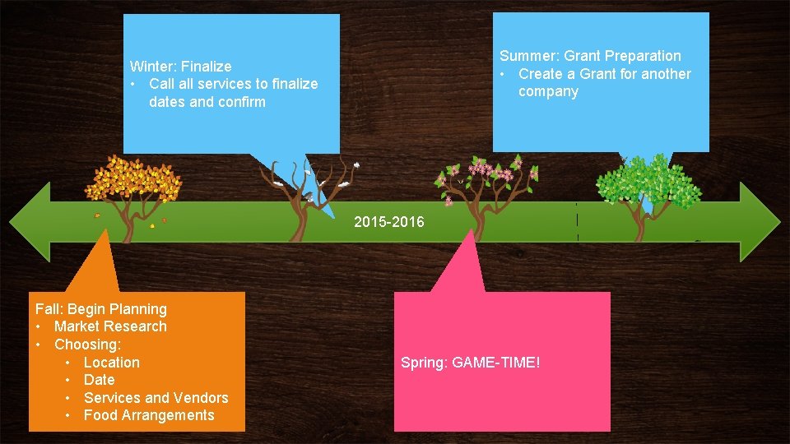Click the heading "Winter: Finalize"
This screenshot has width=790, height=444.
coord(180,67)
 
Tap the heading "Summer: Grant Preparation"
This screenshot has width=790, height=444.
coord(590,56)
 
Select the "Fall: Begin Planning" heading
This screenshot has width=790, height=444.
coord(100,309)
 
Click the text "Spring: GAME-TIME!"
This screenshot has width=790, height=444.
coord(470,363)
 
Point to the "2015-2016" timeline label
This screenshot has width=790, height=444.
coord(389,221)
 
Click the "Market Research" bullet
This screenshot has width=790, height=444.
coord(110,326)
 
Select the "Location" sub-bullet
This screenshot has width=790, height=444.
coord(111,363)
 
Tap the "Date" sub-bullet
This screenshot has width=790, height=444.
coord(99,380)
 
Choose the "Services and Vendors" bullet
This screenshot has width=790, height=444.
coord(156,398)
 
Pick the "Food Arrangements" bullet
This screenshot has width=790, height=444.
coord(148,415)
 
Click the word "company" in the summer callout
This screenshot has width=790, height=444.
coord(548,91)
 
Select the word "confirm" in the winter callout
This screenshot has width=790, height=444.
coord(242,102)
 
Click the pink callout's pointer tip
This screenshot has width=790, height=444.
coord(471,233)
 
